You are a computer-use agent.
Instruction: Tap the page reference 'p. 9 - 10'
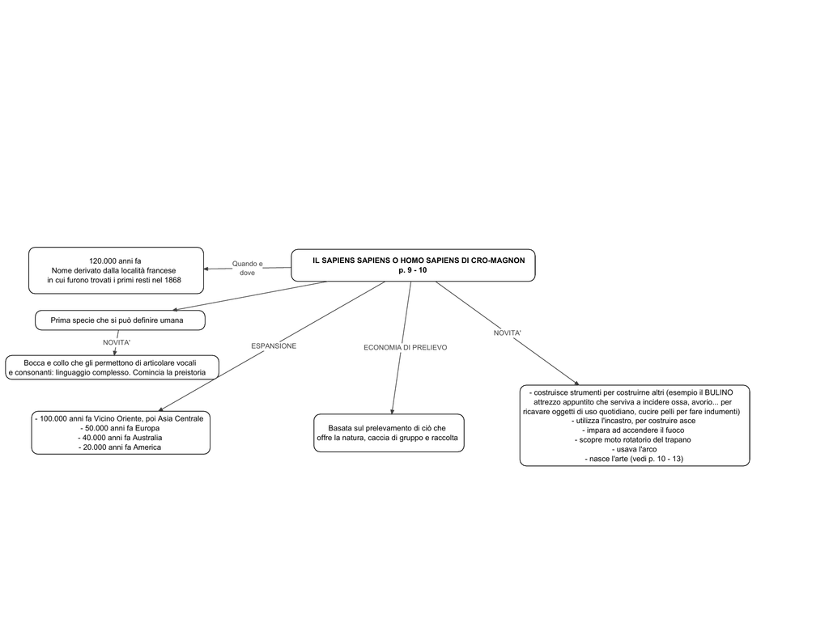tap(413, 270)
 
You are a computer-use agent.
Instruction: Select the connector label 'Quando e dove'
tap(248, 268)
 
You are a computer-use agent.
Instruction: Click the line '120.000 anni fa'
tap(115, 261)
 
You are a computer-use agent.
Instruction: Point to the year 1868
tap(172, 280)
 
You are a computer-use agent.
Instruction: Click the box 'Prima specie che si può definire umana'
tap(120, 320)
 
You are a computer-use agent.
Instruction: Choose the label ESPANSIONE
tap(274, 346)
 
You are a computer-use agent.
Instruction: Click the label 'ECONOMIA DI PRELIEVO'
tap(406, 348)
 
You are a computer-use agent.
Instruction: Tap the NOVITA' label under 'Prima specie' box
tap(117, 342)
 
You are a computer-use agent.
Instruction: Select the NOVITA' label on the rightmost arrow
tap(508, 333)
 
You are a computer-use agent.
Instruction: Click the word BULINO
tap(719, 392)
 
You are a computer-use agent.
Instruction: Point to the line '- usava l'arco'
tap(634, 449)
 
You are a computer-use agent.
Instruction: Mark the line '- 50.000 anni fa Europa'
tap(120, 428)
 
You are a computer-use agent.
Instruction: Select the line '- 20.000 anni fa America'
tap(120, 447)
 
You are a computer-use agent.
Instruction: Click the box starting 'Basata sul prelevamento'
tap(389, 433)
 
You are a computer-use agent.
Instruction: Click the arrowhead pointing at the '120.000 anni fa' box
tap(206, 269)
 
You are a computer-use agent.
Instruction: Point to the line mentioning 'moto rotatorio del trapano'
tap(633, 439)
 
